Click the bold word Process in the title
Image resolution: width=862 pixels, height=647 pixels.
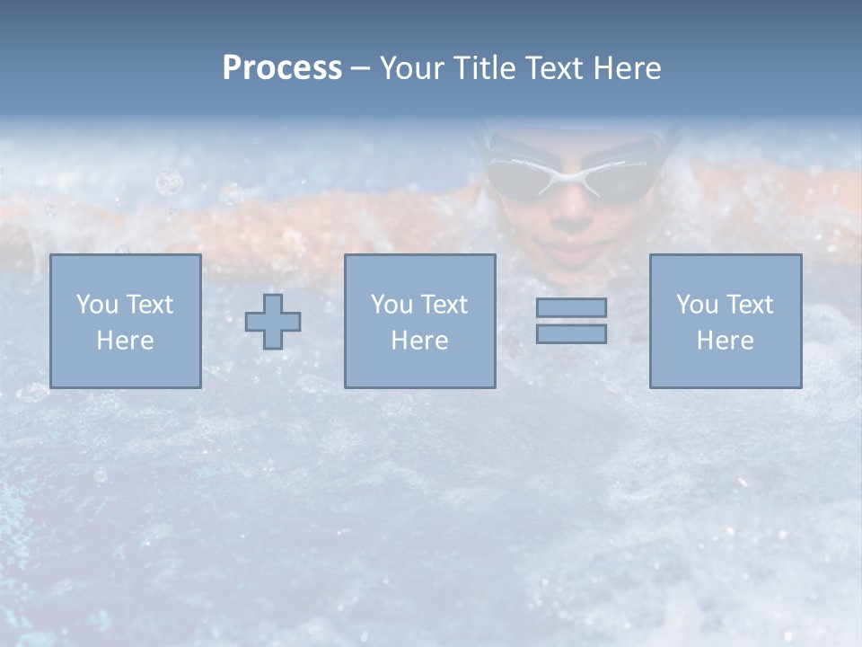coord(282,68)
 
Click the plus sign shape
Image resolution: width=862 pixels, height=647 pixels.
coord(273,322)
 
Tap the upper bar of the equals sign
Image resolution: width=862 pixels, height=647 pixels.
coord(571,307)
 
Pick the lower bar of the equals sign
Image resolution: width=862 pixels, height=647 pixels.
coord(571,334)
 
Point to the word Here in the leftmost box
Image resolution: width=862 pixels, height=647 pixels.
coord(125,341)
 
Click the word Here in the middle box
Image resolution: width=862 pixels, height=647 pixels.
coord(419,341)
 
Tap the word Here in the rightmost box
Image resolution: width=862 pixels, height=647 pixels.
coord(726,341)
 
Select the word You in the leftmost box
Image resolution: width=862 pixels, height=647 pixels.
coord(96,305)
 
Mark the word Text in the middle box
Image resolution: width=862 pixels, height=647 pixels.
coord(444,305)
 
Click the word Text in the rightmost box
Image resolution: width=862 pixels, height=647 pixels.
coord(749,305)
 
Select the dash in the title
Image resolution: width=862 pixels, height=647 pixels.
coord(360,68)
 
